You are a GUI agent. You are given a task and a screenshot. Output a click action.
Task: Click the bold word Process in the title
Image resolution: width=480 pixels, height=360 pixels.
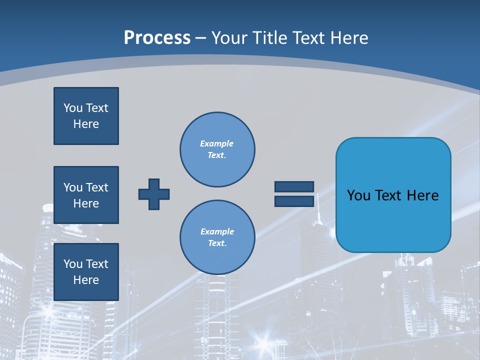point(157,38)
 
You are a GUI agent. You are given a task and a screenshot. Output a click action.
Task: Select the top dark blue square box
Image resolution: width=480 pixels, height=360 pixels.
point(86,116)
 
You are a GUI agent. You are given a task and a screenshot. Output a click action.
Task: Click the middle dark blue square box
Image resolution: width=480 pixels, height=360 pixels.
point(86,195)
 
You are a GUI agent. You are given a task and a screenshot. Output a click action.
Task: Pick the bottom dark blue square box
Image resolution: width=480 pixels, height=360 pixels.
point(86,272)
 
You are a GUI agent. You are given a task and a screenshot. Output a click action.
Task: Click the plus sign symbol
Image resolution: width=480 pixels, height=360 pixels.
point(154,194)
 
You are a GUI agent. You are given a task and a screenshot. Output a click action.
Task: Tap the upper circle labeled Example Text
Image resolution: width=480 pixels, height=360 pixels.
point(217,149)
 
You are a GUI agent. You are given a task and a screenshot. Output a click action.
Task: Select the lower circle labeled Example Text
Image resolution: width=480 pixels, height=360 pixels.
point(217,237)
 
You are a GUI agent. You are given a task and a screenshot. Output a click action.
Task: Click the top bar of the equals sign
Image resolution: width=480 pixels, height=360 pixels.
point(294,186)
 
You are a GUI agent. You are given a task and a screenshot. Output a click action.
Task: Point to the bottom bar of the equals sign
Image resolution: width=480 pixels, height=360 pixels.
point(294,201)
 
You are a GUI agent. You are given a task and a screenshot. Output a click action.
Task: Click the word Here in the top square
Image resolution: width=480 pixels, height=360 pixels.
point(86,124)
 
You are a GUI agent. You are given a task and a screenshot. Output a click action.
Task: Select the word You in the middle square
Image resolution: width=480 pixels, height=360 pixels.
point(72,187)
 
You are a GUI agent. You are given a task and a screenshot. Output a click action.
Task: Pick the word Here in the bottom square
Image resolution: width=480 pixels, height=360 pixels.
point(86,280)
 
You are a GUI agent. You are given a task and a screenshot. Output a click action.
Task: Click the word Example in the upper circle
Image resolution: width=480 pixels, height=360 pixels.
point(217,143)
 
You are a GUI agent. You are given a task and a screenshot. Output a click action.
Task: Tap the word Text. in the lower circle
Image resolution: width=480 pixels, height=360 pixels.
point(217,243)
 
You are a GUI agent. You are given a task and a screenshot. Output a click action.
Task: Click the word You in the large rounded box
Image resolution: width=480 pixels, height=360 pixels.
point(358,195)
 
